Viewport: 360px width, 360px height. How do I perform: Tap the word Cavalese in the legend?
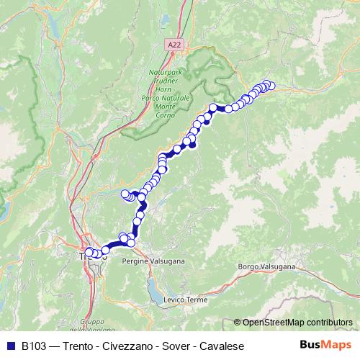pos(222,346)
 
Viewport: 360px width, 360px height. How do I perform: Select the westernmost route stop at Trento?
pos(89,252)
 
